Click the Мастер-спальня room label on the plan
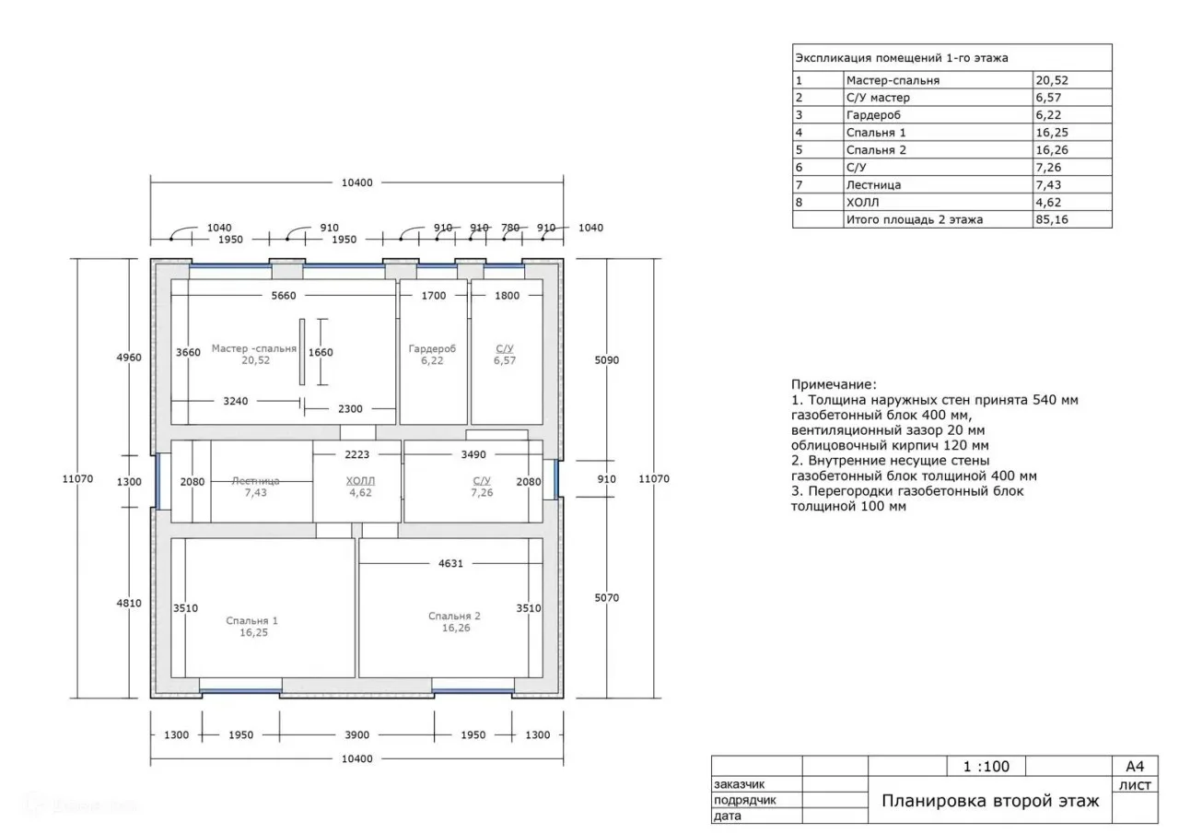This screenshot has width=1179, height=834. [254, 348]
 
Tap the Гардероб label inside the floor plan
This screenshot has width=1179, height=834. [432, 348]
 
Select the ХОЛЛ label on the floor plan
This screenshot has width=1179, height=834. [360, 481]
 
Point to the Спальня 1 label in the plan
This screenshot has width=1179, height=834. [252, 621]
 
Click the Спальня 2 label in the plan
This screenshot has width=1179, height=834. [454, 616]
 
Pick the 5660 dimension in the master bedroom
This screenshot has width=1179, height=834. [284, 296]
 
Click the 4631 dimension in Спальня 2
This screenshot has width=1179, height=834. [450, 564]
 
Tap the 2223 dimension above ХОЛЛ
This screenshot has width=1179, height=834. [356, 455]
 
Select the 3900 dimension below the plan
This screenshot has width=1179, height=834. [356, 735]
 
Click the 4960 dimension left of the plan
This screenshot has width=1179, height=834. [129, 358]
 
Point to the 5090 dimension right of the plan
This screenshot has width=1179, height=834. [607, 360]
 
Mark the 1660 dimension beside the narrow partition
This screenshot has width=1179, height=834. [321, 353]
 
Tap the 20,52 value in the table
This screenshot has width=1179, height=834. [1052, 80]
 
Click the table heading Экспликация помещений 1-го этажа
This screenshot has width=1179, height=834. [902, 58]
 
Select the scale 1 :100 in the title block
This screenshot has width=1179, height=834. [986, 767]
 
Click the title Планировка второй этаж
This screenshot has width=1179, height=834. [990, 801]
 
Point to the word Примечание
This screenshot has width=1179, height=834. [835, 385]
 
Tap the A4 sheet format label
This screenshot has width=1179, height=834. [1135, 767]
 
